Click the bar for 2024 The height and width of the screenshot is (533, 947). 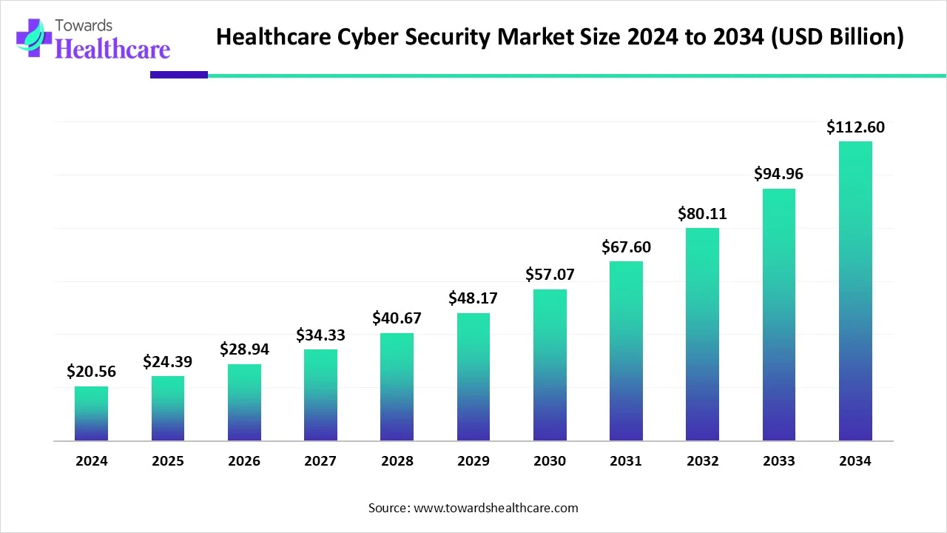click(91, 414)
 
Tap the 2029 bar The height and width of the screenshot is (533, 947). click(473, 377)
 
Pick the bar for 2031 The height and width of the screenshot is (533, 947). click(626, 351)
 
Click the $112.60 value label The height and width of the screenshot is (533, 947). click(855, 127)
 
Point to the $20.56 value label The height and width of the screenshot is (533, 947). click(91, 372)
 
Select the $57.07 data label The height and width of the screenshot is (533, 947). click(550, 275)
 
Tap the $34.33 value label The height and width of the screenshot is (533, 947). click(320, 335)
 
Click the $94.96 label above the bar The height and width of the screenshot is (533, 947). click(778, 174)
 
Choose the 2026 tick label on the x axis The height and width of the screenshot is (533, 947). click(244, 461)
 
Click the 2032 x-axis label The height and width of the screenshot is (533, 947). click(702, 461)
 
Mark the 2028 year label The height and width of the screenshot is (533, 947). click(397, 461)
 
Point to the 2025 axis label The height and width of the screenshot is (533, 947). click(168, 461)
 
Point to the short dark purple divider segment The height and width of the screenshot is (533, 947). click(179, 75)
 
